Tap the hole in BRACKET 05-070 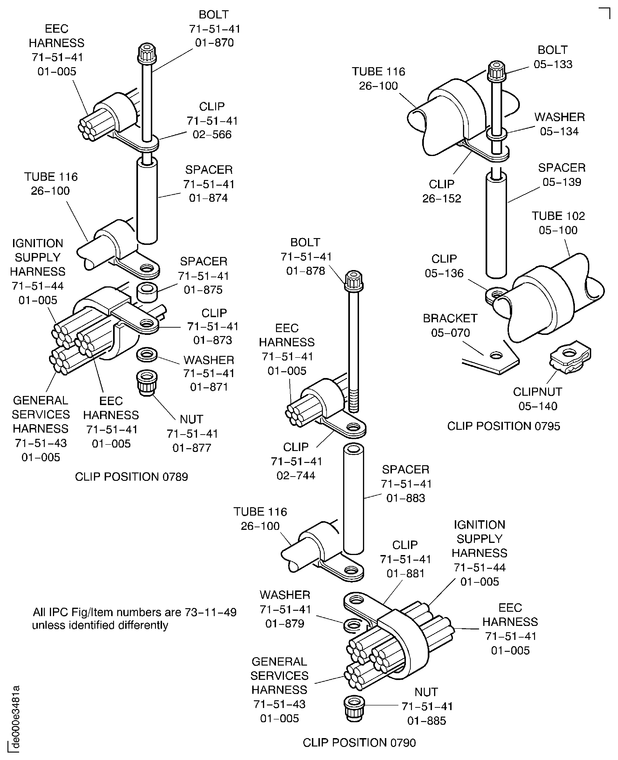pyautogui.click(x=496, y=355)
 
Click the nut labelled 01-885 pyautogui.click(x=354, y=708)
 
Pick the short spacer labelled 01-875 pyautogui.click(x=147, y=292)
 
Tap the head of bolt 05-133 pyautogui.click(x=496, y=71)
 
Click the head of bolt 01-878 pyautogui.click(x=353, y=281)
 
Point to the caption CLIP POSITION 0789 pyautogui.click(x=131, y=476)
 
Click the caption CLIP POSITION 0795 pyautogui.click(x=503, y=426)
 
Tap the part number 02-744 pyautogui.click(x=296, y=475)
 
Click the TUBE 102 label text pyautogui.click(x=558, y=216)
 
